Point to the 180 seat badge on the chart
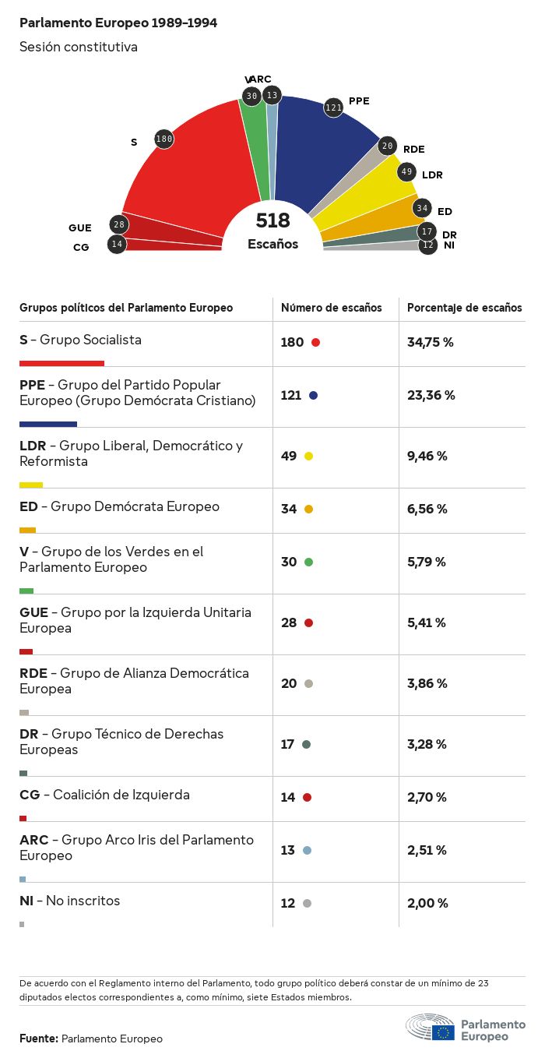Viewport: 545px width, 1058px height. pos(163,139)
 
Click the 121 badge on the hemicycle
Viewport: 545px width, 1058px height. pos(333,108)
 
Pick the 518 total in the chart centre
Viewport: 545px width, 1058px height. pos(272,221)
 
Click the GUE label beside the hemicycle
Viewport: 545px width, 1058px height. pos(80,228)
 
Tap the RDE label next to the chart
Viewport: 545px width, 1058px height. pos(413,149)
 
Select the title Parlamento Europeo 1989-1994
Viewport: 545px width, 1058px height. pos(118,23)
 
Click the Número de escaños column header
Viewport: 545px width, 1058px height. pos(332,308)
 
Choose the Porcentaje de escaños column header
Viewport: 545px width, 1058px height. pos(465,308)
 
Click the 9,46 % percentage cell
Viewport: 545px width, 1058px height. pos(427,456)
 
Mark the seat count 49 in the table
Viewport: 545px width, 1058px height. pos(289,456)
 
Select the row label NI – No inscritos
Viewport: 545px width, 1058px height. pos(70,901)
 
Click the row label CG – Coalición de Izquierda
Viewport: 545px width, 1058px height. pos(104,795)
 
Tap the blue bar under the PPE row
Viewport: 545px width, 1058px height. pos(48,424)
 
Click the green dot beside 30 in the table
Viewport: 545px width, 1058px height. pos(309,562)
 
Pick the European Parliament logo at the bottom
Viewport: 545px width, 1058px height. pos(465,1028)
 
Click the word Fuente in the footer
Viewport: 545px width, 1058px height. pos(39,1039)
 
